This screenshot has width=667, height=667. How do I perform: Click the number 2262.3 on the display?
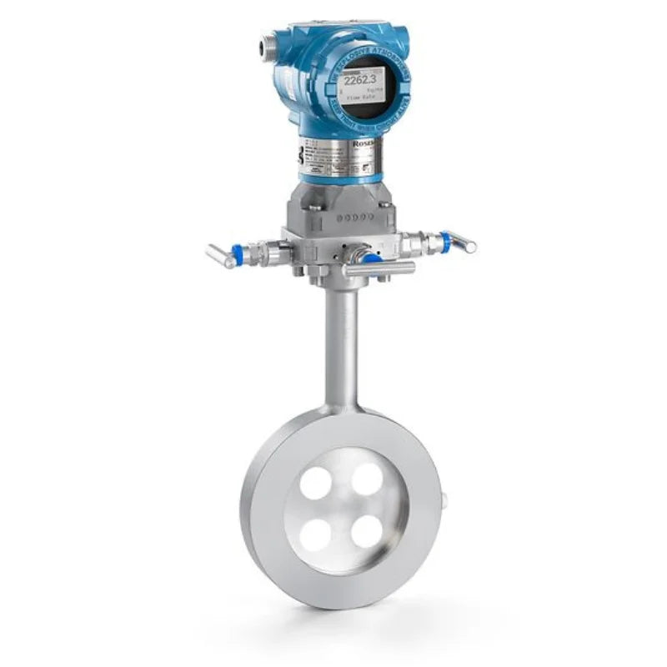pyautogui.click(x=364, y=81)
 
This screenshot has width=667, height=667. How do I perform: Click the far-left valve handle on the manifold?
pyautogui.click(x=219, y=255)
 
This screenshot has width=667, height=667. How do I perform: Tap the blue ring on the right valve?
pyautogui.click(x=445, y=242)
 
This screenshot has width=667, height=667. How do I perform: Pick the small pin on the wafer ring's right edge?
pyautogui.click(x=444, y=500)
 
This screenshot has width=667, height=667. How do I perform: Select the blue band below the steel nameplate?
pyautogui.click(x=342, y=178)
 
